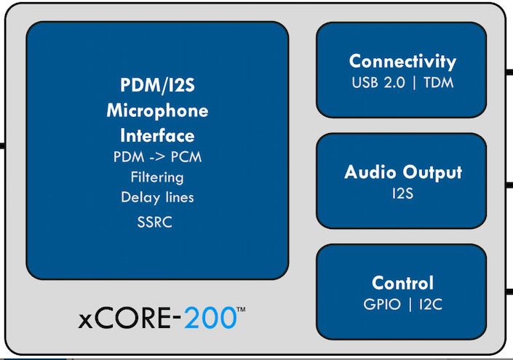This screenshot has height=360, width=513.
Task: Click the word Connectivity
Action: click(x=402, y=62)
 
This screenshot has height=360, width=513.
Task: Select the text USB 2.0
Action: click(x=378, y=83)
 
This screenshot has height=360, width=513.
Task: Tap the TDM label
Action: click(x=438, y=83)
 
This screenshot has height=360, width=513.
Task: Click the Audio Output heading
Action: click(x=402, y=172)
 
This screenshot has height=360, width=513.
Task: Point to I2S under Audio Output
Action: click(x=402, y=193)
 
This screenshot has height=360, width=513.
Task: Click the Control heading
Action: click(x=402, y=283)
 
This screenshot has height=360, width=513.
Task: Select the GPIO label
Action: click(x=382, y=305)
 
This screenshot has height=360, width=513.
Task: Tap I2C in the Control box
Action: click(x=431, y=305)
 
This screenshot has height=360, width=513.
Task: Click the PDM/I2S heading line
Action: click(x=157, y=85)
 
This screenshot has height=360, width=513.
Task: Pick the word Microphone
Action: click(x=157, y=111)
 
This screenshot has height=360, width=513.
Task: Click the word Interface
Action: click(x=157, y=136)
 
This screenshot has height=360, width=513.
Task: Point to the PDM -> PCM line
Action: click(x=157, y=157)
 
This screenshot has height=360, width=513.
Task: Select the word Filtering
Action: click(x=157, y=177)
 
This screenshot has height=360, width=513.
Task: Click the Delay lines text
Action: click(x=157, y=197)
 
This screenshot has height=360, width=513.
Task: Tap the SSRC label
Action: click(x=155, y=223)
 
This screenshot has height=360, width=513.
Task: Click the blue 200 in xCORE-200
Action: click(x=210, y=318)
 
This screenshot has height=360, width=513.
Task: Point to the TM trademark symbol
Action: click(x=241, y=309)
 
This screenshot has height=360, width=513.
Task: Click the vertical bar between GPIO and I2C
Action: click(x=410, y=305)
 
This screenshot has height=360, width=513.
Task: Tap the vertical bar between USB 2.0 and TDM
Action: click(x=415, y=83)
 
